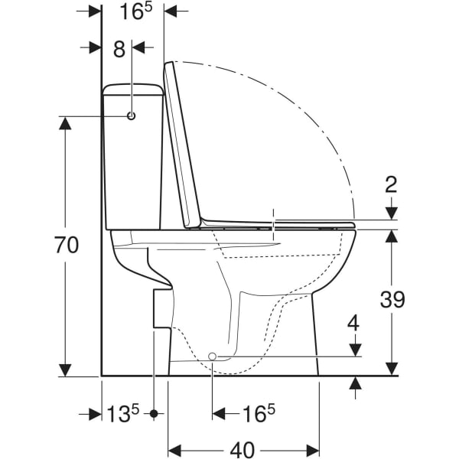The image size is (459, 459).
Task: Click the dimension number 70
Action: [67, 245]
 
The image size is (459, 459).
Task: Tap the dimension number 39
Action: [392, 299]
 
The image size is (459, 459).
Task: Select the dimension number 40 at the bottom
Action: [243, 449]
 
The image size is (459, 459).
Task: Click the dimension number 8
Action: [119, 49]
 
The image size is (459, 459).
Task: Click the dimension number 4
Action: [354, 323]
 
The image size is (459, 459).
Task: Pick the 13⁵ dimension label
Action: [122, 414]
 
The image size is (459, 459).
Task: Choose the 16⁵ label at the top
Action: [136, 11]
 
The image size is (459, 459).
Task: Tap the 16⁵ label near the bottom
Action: [259, 413]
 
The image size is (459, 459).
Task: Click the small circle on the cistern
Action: [132, 116]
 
